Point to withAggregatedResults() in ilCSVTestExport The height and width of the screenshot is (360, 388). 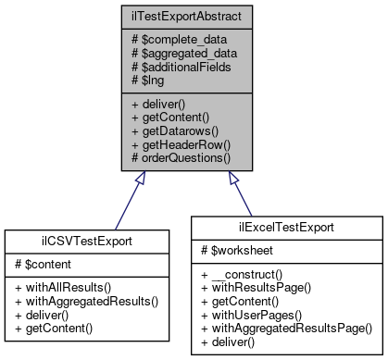[x=84, y=300]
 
